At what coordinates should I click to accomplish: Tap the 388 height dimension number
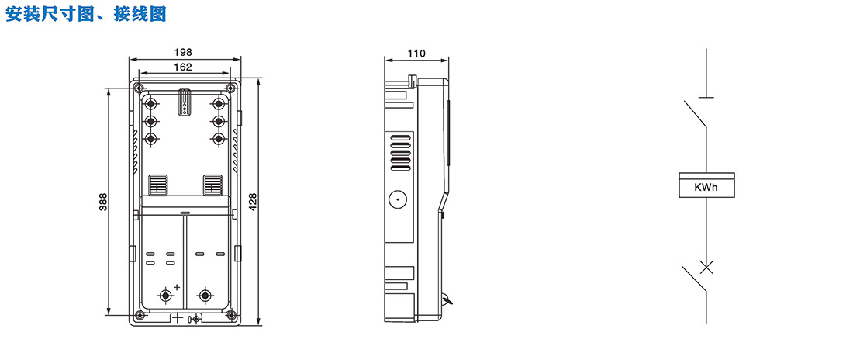tap(103, 202)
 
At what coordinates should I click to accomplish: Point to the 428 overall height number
tap(253, 202)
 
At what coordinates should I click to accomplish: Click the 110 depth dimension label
tap(416, 53)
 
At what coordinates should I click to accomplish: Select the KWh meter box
tap(706, 185)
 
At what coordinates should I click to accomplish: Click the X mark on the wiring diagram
tap(706, 267)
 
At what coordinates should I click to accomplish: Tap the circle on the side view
tap(398, 200)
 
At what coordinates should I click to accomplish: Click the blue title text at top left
tap(85, 14)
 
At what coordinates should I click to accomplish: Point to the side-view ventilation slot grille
tap(401, 152)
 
